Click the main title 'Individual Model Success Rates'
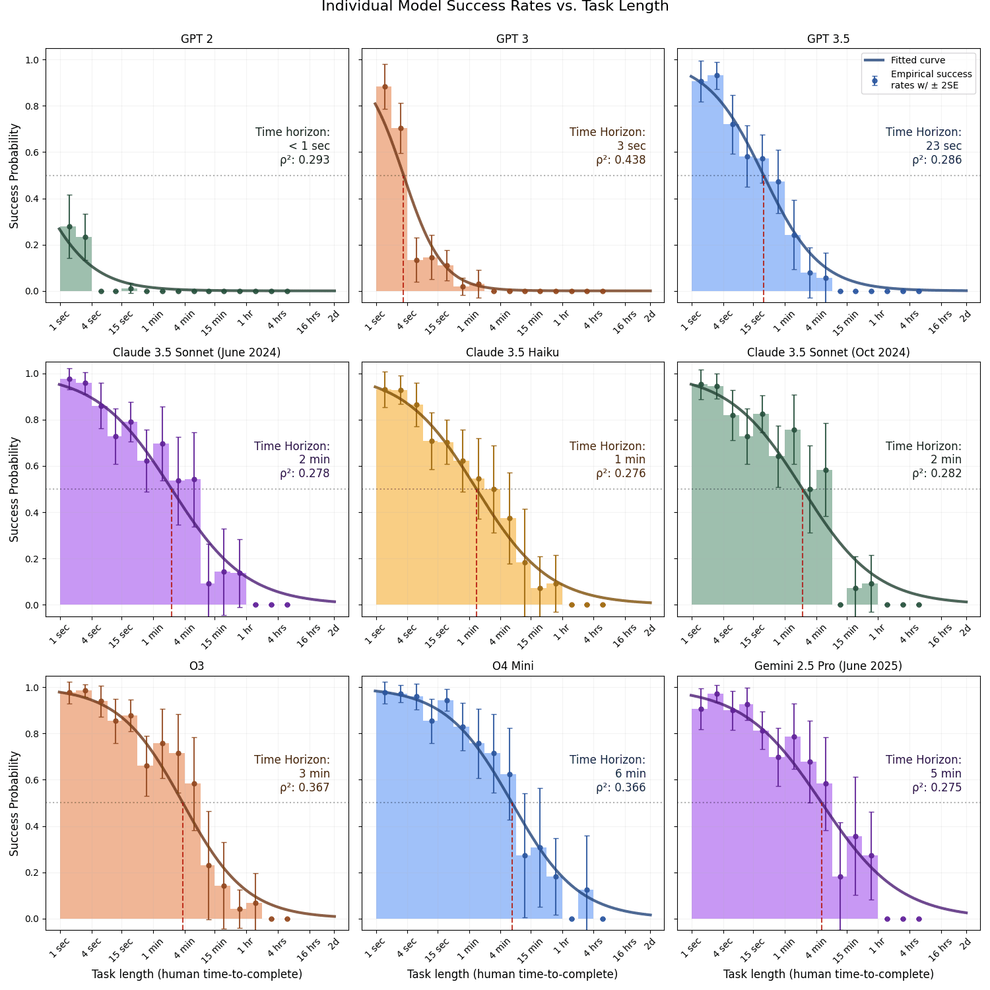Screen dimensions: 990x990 [x=495, y=7]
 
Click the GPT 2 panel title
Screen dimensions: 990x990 [x=197, y=39]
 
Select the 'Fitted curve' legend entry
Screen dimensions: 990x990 [x=917, y=60]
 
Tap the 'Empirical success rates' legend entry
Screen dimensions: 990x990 [x=931, y=80]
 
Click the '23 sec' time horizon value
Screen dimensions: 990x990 [x=944, y=146]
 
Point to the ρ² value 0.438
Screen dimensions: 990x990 [x=621, y=160]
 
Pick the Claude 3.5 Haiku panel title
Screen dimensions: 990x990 [x=512, y=352]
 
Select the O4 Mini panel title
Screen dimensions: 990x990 [x=513, y=666]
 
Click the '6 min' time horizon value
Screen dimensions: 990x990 [x=630, y=774]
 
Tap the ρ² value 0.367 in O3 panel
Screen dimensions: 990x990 [x=305, y=787]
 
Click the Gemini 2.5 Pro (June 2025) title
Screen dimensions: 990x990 [x=828, y=666]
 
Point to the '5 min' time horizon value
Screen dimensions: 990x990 [x=946, y=774]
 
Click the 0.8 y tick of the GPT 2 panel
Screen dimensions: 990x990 [x=32, y=106]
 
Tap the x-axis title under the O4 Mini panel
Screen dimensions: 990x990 [x=512, y=974]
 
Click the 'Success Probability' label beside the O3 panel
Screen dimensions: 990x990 [x=14, y=803]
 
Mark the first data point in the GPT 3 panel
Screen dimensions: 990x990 [x=385, y=86]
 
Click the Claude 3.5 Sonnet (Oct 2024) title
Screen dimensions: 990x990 [x=828, y=352]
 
